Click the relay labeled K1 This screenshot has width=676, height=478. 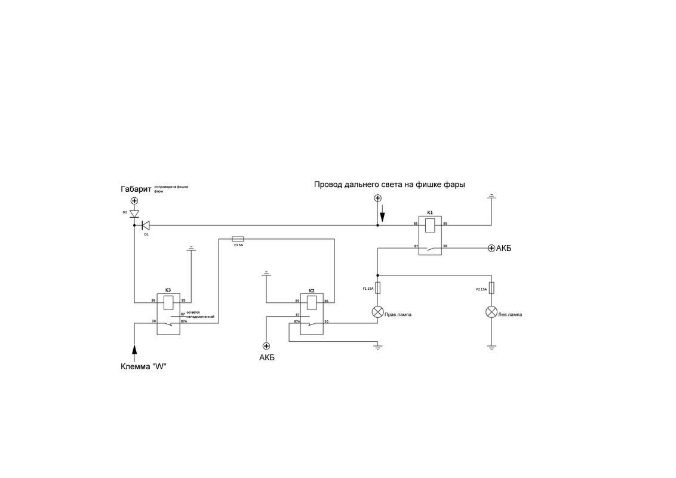pos(430,235)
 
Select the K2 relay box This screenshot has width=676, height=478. pos(311,313)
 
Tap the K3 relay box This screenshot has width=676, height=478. pos(168,313)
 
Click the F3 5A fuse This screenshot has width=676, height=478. pos(237,238)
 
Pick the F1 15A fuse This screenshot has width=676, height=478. pos(377,287)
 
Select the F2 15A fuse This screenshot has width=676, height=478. pos(491,287)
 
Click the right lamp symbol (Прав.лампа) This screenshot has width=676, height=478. pos(377,311)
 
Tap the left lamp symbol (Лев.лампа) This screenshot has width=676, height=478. pos(491,311)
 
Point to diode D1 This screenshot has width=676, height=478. pos(145,225)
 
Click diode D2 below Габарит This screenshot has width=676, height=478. pos(134,213)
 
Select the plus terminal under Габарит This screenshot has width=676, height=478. pos(134,201)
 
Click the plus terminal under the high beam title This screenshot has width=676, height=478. pos(377,198)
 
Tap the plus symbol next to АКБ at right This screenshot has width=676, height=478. pos(491,248)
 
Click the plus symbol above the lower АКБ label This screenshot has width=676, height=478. pos(266,346)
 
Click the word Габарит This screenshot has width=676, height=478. pos(136,189)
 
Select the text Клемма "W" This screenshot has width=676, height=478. pos(143,366)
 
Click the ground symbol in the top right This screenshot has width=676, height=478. pos(491,196)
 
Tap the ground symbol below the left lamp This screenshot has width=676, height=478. pos(491,347)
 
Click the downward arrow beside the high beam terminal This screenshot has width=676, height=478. pos(383,213)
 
